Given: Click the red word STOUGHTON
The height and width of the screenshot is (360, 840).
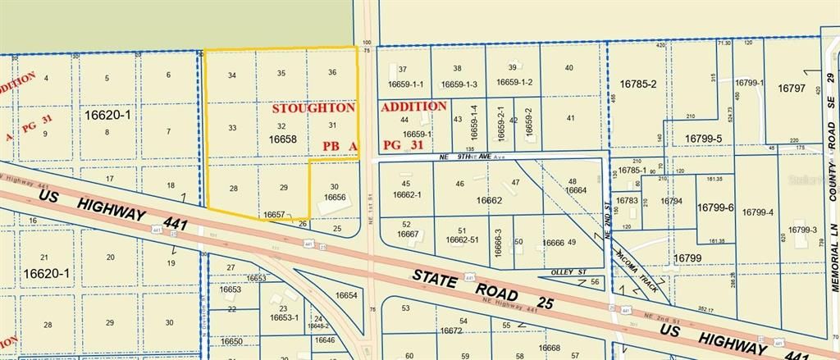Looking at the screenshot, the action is [313, 107].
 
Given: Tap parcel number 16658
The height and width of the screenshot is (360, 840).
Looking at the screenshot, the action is [282, 140].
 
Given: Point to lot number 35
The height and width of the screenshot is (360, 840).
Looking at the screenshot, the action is [281, 74].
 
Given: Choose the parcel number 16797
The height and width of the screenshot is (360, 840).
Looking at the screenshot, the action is [792, 89].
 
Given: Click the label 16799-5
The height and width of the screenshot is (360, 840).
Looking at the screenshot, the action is [704, 139].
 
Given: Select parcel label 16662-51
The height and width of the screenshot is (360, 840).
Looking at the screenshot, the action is [461, 240].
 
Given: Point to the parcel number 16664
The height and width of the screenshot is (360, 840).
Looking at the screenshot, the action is [576, 191].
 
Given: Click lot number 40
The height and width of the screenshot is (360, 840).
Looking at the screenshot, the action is [569, 69].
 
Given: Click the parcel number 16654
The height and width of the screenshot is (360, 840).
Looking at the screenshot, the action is [346, 296].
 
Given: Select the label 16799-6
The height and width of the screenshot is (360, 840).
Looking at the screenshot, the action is [715, 208].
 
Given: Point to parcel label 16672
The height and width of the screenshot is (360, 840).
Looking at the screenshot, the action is [450, 330].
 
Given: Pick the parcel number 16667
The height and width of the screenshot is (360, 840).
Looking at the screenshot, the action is [408, 234].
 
